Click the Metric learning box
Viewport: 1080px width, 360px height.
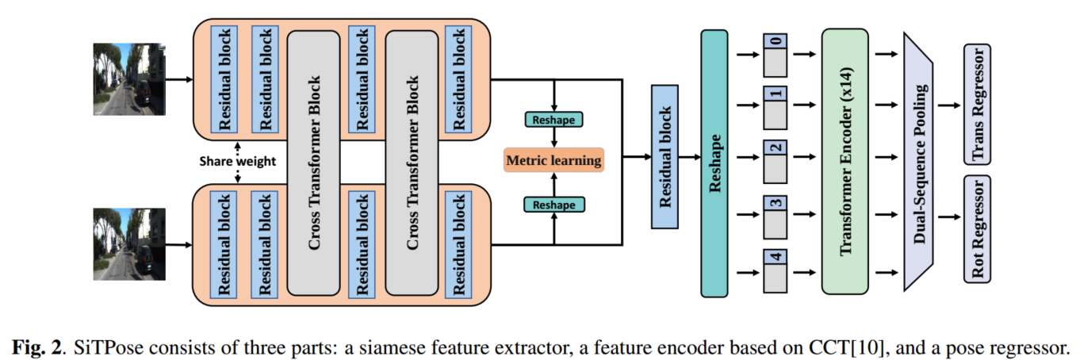[x=553, y=161]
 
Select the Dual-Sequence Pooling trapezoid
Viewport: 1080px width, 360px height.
[x=921, y=160]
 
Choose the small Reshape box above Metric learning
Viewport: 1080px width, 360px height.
[x=553, y=119]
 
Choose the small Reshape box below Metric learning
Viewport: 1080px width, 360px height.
[x=553, y=205]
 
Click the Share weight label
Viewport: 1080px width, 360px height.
[x=236, y=162]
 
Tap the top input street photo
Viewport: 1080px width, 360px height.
[x=129, y=79]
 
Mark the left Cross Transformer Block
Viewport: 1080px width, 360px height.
[x=315, y=161]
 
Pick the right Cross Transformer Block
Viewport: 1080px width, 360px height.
[x=412, y=161]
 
